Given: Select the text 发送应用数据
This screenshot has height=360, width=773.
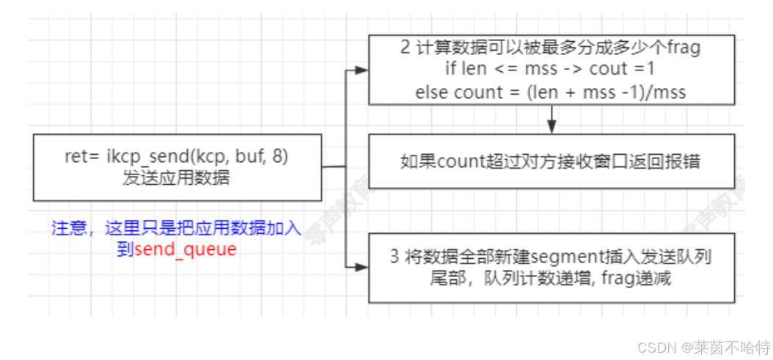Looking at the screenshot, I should (177, 177).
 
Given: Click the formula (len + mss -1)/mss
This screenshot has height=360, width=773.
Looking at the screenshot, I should (622, 92).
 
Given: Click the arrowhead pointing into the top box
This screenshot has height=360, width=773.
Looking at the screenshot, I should (361, 70).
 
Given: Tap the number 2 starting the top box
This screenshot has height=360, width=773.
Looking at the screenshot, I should (405, 49).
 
